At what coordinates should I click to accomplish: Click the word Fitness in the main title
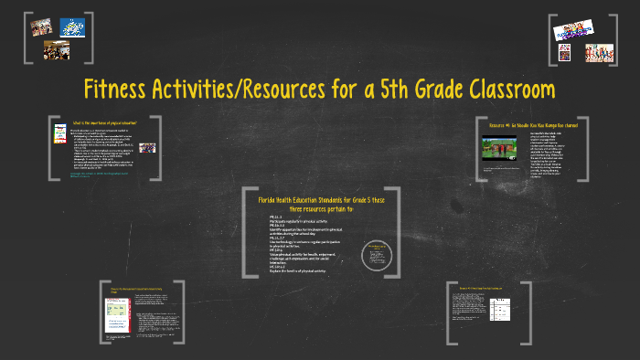point(121,91)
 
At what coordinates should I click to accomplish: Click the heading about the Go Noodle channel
point(534,124)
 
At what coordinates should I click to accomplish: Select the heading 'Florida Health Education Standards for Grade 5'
point(319,200)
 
